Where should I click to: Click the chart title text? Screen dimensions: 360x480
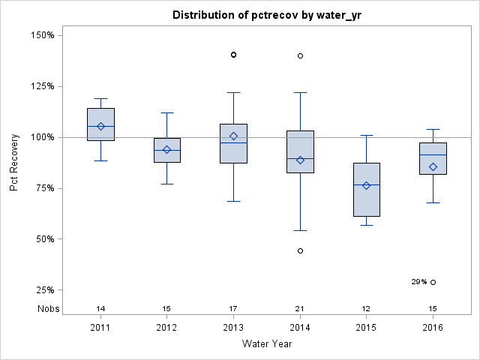tap(266, 15)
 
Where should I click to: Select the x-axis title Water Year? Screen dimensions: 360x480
tap(266, 344)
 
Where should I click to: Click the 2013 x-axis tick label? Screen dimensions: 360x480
tap(233, 328)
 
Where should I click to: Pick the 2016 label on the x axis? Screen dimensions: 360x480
tap(433, 328)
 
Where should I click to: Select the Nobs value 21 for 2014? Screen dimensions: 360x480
tap(300, 309)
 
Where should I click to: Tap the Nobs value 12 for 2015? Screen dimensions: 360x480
tap(366, 309)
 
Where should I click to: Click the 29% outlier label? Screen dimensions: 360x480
tap(418, 282)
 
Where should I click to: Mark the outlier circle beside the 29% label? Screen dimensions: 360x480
tap(433, 282)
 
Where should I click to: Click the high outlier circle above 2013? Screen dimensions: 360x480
tap(233, 55)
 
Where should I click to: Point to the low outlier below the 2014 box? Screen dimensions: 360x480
tap(300, 250)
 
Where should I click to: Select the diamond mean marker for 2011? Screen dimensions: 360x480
tap(100, 126)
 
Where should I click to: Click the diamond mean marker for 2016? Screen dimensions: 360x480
tap(433, 166)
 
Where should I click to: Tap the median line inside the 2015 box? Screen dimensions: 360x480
tap(366, 184)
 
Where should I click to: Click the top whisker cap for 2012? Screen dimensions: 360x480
tap(167, 112)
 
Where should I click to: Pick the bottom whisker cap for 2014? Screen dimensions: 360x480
tap(300, 230)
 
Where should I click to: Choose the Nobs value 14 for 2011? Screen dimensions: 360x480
tap(100, 309)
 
